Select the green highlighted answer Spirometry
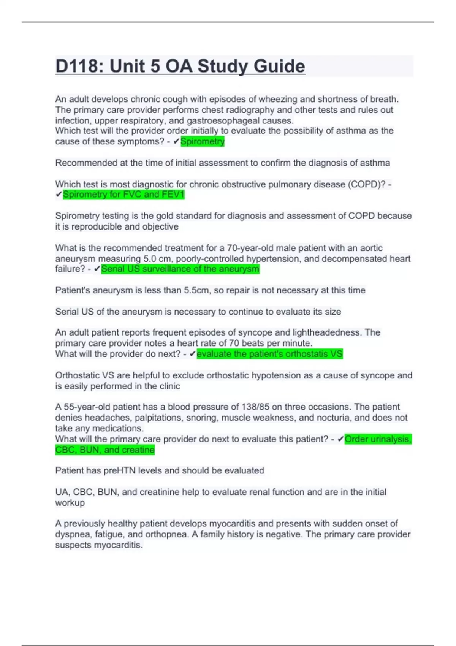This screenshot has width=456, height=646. [x=203, y=142]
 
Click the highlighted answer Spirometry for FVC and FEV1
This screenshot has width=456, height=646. [x=123, y=195]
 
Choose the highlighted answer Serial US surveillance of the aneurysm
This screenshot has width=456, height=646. [x=180, y=269]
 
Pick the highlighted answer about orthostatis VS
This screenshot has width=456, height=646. [x=269, y=354]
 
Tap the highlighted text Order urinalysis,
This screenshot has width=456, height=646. [x=378, y=439]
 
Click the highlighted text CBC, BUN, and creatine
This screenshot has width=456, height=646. [x=105, y=450]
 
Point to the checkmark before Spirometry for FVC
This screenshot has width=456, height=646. [x=59, y=195]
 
